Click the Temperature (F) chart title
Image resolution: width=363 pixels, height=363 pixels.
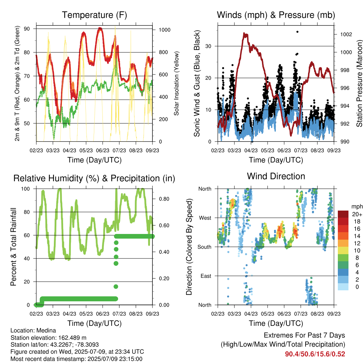click(94, 15)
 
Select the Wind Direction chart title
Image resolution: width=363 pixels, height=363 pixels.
click(276, 176)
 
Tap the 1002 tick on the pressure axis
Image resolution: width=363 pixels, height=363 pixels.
click(346, 34)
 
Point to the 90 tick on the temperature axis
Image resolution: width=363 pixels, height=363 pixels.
click(27, 29)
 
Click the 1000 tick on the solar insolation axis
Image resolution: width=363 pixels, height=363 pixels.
click(164, 30)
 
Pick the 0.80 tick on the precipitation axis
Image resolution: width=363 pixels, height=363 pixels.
click(164, 199)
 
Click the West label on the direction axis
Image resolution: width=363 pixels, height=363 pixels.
click(205, 218)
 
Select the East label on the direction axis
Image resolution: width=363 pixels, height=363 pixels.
click(206, 276)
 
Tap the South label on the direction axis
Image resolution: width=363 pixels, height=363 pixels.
click(205, 247)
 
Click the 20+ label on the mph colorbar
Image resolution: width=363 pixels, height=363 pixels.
click(357, 214)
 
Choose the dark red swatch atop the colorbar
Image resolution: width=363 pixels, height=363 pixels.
click(343, 214)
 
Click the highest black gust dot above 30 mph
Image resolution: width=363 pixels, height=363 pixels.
click(297, 32)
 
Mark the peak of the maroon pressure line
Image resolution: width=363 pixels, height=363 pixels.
click(244, 34)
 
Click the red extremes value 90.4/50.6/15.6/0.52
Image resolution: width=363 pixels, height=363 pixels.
click(315, 354)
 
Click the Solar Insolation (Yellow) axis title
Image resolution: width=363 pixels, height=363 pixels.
click(177, 83)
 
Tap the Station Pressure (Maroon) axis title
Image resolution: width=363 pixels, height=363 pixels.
click(359, 83)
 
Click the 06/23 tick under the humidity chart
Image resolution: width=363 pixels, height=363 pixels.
click(102, 314)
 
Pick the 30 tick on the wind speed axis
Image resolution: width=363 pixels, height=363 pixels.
click(208, 46)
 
